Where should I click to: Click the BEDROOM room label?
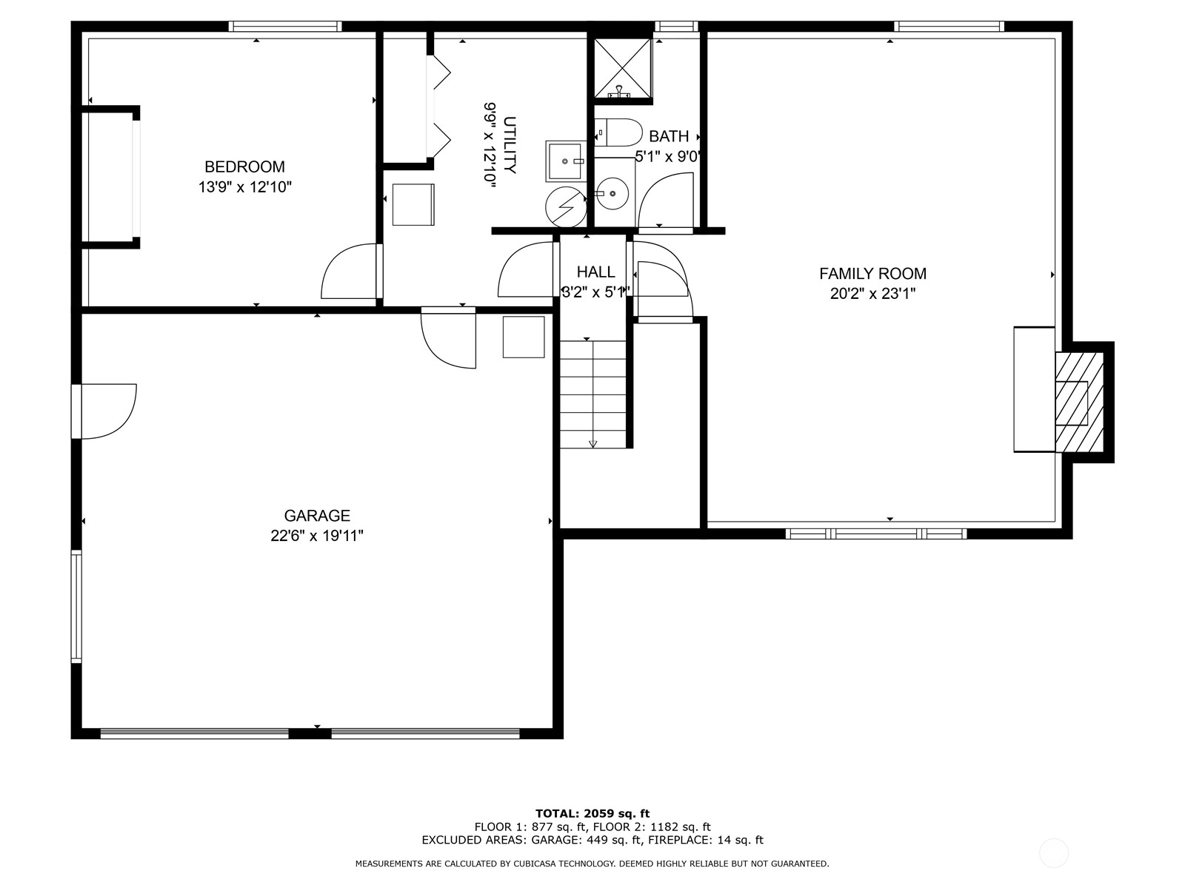[x=244, y=166]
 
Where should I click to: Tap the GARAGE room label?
[x=317, y=516]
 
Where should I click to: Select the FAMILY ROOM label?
[x=873, y=274]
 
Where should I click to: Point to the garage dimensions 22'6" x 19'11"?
[x=317, y=536]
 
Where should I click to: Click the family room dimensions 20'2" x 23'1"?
[x=873, y=294]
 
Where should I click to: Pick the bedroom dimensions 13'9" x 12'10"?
[x=245, y=187]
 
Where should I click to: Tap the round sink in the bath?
[x=612, y=193]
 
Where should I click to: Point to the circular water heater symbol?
[x=566, y=206]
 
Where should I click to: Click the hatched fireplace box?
[x=1079, y=403]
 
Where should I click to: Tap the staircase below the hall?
[x=592, y=394]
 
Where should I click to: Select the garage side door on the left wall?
[x=104, y=411]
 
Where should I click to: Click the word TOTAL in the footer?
[x=557, y=813]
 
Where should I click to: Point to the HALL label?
[x=595, y=272]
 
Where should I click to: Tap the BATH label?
[x=669, y=136]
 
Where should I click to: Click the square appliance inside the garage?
[x=524, y=337]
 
